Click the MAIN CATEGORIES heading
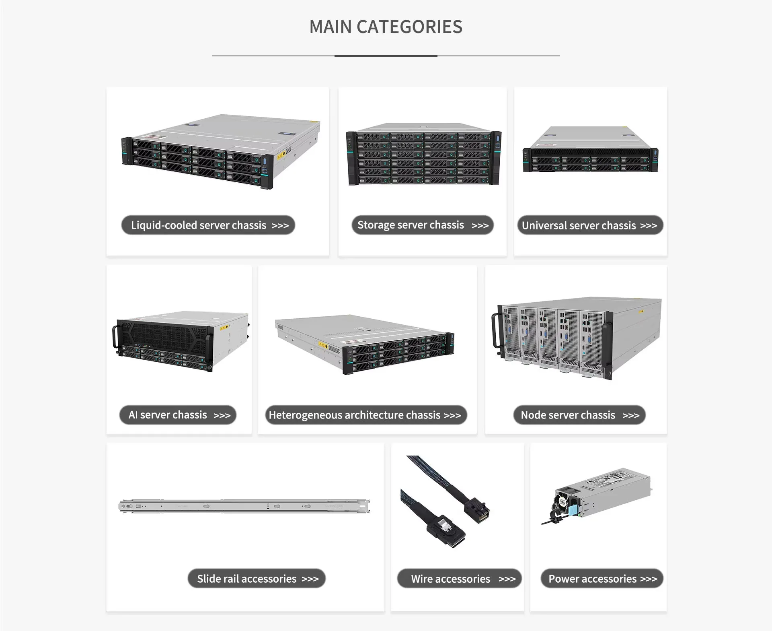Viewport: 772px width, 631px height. click(386, 27)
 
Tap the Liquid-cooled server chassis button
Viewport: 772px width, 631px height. click(208, 225)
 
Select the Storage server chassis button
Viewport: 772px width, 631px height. click(422, 225)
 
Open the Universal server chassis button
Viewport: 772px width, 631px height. click(589, 225)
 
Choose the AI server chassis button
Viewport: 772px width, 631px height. click(178, 415)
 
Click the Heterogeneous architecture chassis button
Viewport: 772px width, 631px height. click(365, 415)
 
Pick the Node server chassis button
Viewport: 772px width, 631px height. click(579, 415)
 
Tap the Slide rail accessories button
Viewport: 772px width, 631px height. click(257, 579)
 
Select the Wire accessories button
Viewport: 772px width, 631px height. click(459, 579)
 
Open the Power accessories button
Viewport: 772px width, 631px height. click(602, 579)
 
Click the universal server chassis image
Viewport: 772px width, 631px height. click(590, 150)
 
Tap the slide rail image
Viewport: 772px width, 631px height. click(244, 506)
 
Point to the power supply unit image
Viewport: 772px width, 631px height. click(599, 495)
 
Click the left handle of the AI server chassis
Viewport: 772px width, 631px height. click(115, 337)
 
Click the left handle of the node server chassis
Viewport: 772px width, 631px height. click(494, 330)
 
